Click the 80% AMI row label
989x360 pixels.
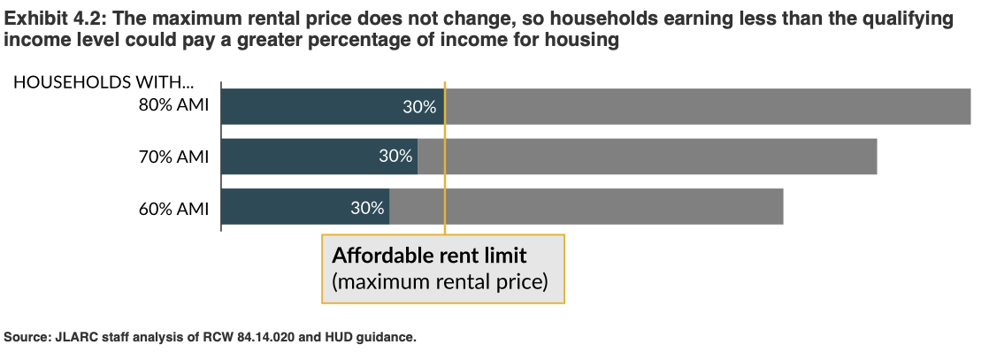(x=173, y=106)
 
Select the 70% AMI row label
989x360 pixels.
(x=173, y=157)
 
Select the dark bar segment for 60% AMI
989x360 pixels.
(x=283, y=208)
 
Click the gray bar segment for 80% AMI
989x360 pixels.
(x=708, y=106)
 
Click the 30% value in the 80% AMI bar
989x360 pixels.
(x=419, y=107)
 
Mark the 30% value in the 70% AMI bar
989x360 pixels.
(x=395, y=157)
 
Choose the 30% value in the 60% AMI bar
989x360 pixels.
(x=367, y=209)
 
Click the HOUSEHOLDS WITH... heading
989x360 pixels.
(x=103, y=82)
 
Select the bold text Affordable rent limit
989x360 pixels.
(x=429, y=257)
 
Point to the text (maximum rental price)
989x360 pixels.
(x=440, y=282)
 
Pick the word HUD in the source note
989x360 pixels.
(x=327, y=337)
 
